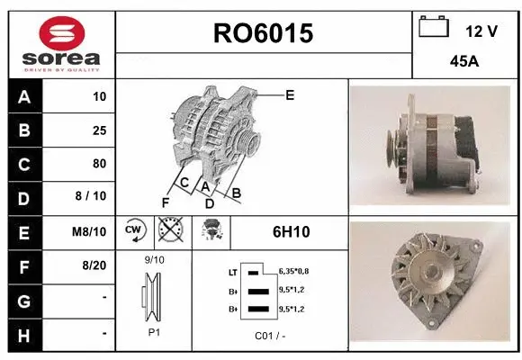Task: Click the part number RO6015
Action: (263, 34)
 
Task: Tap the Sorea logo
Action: (62, 41)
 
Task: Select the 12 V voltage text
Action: (481, 31)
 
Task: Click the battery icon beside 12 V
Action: (433, 28)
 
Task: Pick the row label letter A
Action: (24, 97)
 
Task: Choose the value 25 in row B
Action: (99, 130)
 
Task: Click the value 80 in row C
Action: (99, 164)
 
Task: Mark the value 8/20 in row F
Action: (94, 265)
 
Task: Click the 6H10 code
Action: (291, 232)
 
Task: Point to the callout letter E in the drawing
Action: (289, 94)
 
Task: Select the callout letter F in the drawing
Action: (165, 202)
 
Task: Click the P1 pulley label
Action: (155, 331)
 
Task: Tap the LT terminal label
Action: (233, 271)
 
